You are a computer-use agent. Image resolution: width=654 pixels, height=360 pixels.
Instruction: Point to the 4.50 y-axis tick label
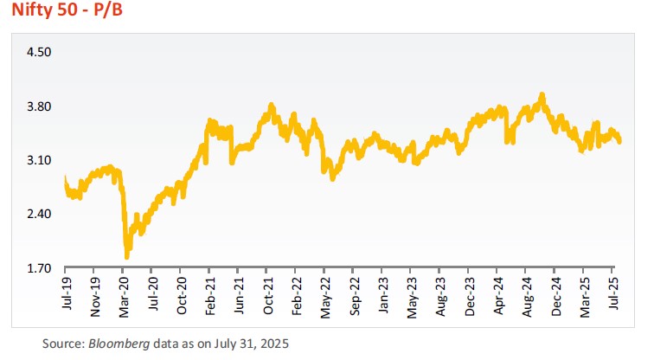tap(41, 52)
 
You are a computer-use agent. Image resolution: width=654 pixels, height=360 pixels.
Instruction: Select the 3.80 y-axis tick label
tap(41, 106)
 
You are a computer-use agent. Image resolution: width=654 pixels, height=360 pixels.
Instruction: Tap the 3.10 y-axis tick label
tap(41, 160)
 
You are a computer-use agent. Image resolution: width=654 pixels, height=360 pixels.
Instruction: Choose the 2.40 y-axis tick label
tap(41, 214)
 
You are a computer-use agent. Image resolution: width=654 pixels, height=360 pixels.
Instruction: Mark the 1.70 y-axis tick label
tap(41, 268)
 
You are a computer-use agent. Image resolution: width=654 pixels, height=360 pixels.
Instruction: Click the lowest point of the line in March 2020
tap(127, 256)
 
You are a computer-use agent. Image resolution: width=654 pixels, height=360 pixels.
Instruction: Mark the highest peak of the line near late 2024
tap(542, 94)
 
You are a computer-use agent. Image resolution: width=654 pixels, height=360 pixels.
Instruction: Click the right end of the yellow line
tap(619, 141)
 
